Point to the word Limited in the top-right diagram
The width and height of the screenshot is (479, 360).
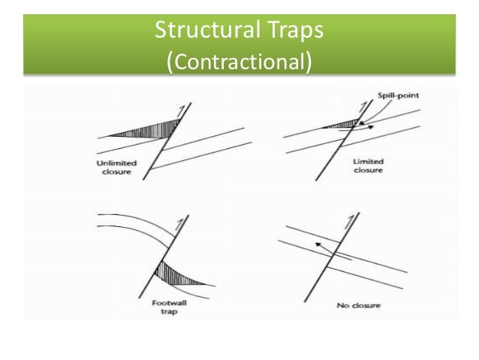coord(368,162)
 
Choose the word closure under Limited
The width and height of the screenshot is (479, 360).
coord(368,171)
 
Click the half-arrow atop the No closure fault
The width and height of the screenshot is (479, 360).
coord(349,223)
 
